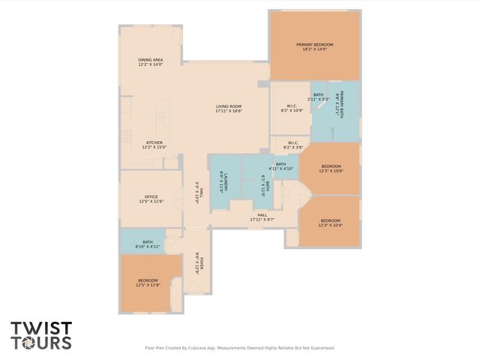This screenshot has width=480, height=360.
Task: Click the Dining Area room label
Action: [150, 62]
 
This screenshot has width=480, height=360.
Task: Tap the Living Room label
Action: [228, 109]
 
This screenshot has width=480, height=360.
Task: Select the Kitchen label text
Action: [154, 145]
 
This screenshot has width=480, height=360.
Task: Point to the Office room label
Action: [151, 199]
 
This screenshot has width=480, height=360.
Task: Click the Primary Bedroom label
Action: [314, 47]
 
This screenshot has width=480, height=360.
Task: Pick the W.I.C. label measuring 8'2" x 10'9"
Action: [291, 108]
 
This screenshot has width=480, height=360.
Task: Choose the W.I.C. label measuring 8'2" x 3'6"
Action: [292, 145]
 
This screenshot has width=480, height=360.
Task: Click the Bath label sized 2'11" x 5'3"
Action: [318, 97]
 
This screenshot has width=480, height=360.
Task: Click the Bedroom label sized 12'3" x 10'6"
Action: [331, 168]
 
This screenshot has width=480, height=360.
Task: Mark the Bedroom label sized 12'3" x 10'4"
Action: [331, 223]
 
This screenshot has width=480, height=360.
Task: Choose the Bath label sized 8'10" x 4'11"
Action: [148, 244]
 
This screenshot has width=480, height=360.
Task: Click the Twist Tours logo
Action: [41, 335]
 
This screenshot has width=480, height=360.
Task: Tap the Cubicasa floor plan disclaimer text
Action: [239, 347]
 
